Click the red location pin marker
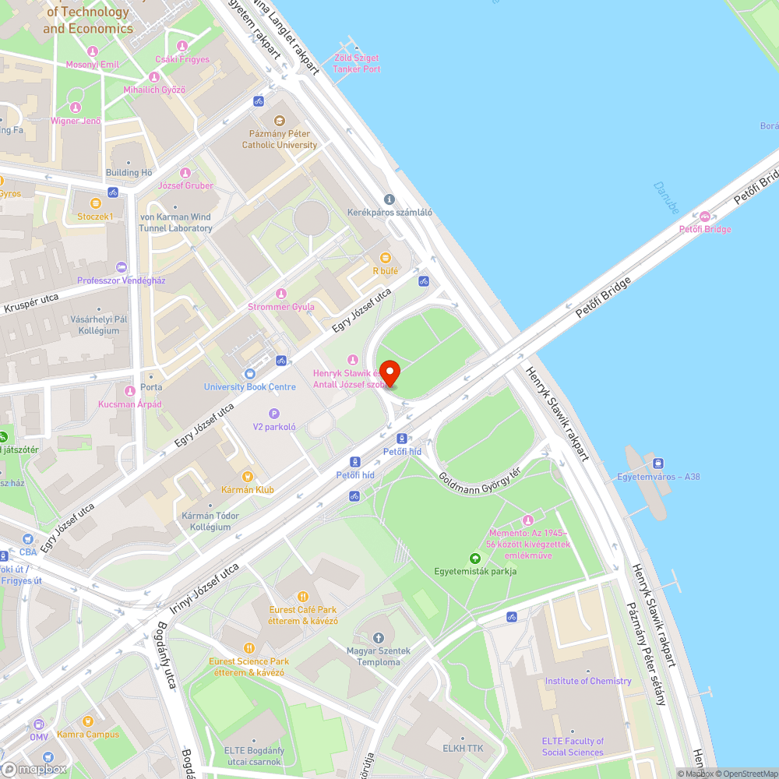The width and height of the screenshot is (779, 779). click(x=389, y=372)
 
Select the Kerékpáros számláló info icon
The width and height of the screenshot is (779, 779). click(x=389, y=199)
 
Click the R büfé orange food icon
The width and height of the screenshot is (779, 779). click(x=385, y=258)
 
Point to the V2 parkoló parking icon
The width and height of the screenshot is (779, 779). click(x=273, y=414)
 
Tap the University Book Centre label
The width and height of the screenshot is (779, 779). click(x=250, y=387)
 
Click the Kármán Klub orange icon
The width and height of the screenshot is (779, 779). click(x=248, y=477)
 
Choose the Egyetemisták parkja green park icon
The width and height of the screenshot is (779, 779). click(x=475, y=558)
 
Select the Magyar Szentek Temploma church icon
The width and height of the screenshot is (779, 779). click(x=379, y=640)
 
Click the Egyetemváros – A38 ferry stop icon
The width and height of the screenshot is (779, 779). click(x=658, y=464)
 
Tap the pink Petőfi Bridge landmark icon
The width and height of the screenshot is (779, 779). click(x=704, y=216)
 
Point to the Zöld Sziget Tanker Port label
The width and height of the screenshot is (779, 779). click(x=357, y=63)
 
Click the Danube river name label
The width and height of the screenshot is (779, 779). click(x=668, y=198)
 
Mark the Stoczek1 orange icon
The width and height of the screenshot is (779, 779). click(x=95, y=203)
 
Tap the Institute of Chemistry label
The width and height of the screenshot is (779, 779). click(x=588, y=681)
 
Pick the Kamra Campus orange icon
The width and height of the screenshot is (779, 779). click(x=87, y=721)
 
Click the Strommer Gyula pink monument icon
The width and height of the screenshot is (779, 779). click(x=280, y=293)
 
